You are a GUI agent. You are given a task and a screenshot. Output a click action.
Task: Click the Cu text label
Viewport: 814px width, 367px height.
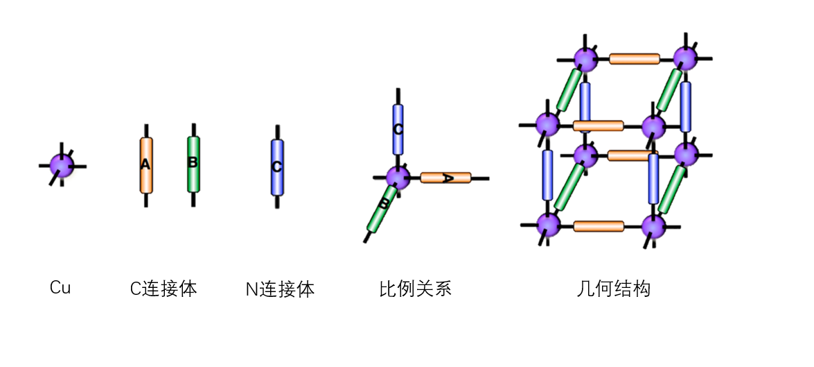[60, 287]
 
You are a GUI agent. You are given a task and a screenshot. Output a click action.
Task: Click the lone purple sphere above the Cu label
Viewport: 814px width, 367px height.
[62, 166]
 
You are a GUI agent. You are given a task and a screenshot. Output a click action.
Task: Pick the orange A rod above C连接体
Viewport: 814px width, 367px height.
[145, 165]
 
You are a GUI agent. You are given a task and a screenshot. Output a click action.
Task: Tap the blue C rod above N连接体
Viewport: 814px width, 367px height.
[277, 167]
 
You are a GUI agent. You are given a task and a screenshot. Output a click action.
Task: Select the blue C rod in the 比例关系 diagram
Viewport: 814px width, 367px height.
[398, 129]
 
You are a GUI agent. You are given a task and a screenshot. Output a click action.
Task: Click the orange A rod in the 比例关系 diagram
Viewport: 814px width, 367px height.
[445, 178]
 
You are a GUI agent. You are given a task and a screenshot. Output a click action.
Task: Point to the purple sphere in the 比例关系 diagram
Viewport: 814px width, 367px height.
[398, 177]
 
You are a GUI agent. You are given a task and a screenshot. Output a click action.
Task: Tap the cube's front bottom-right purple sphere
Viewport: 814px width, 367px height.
[653, 226]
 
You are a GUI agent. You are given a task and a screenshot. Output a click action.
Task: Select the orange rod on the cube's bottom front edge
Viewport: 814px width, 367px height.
[599, 226]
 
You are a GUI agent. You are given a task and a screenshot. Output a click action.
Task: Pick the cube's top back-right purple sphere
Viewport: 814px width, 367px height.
[686, 58]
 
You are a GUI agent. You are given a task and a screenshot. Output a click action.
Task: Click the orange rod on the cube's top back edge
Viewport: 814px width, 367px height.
[635, 59]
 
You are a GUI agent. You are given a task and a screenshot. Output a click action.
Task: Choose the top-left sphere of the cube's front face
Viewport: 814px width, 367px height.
[548, 125]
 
